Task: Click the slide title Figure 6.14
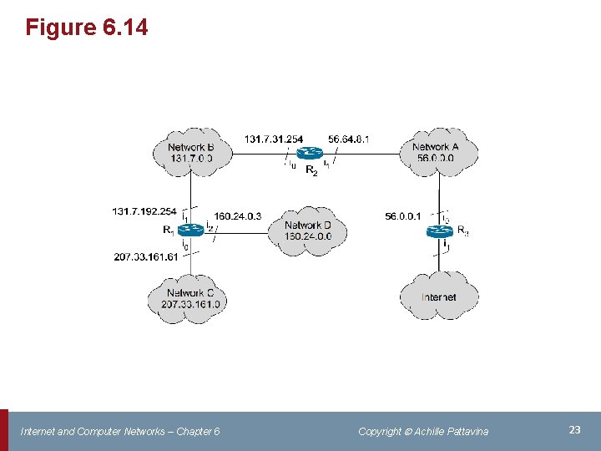coord(87,28)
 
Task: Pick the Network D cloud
coord(308,231)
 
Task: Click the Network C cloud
coord(190,298)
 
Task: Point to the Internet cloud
coord(439,296)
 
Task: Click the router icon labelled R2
coord(310,153)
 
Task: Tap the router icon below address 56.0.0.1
coord(439,231)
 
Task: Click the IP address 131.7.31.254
coord(274,139)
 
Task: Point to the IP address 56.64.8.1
coord(349,139)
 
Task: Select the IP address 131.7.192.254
coord(144,212)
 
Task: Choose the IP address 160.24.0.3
coord(238,216)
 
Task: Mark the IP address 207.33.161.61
coord(146,257)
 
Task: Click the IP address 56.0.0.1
coord(404,216)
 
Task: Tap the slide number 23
coord(574,429)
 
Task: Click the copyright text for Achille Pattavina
coord(423,431)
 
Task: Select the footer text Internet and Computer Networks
coord(120,431)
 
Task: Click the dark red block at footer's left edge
coord(3,430)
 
